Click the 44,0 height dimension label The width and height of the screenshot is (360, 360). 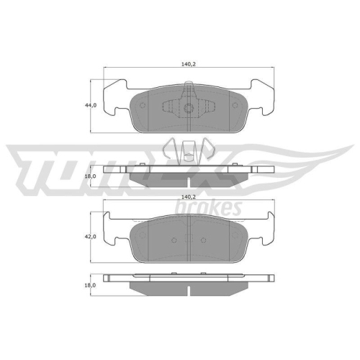click(91, 105)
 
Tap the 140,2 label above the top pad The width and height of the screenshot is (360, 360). click(189, 63)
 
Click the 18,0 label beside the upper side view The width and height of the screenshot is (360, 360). click(91, 175)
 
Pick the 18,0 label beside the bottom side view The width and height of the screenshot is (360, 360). click(90, 284)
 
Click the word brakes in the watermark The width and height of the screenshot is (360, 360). click(209, 207)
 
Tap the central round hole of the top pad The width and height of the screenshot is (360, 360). click(188, 110)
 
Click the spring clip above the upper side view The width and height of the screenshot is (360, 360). click(188, 150)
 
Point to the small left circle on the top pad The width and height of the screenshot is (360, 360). click(142, 105)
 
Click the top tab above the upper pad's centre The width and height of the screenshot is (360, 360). click(189, 90)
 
